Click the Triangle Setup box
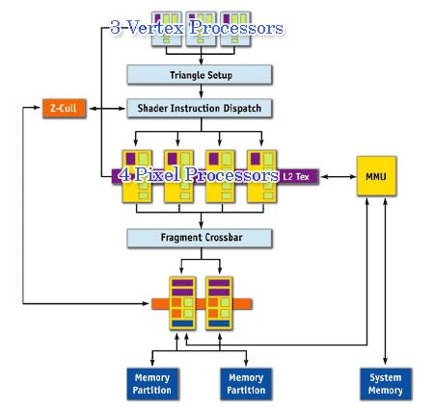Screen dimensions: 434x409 pos(200,75)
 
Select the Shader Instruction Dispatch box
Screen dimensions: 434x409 pos(200,109)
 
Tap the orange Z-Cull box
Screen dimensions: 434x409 pos(65,109)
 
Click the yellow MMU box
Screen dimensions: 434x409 pos(376,176)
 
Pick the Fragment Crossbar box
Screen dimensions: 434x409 pos(200,238)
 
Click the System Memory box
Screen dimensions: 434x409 pos(386,384)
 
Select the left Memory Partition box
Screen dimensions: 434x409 pos(152,384)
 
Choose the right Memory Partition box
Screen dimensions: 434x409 pos(246,384)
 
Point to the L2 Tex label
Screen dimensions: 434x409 pos(296,176)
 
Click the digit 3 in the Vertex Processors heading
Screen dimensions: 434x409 pos(116,27)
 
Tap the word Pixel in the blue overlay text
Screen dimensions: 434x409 pos(157,175)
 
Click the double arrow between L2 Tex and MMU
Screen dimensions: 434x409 pos(339,176)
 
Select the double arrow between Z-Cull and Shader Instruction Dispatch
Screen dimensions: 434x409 pos(107,109)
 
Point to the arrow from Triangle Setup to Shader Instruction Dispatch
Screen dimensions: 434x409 pos(202,91)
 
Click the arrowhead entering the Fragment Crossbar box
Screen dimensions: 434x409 pos(202,225)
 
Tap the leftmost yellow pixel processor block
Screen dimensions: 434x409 pos(137,176)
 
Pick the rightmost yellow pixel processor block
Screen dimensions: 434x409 pos(261,176)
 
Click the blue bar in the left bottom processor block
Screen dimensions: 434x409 pos(182,323)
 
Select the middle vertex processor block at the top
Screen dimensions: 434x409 pos(201,30)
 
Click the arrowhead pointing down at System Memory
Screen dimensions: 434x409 pos(386,362)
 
